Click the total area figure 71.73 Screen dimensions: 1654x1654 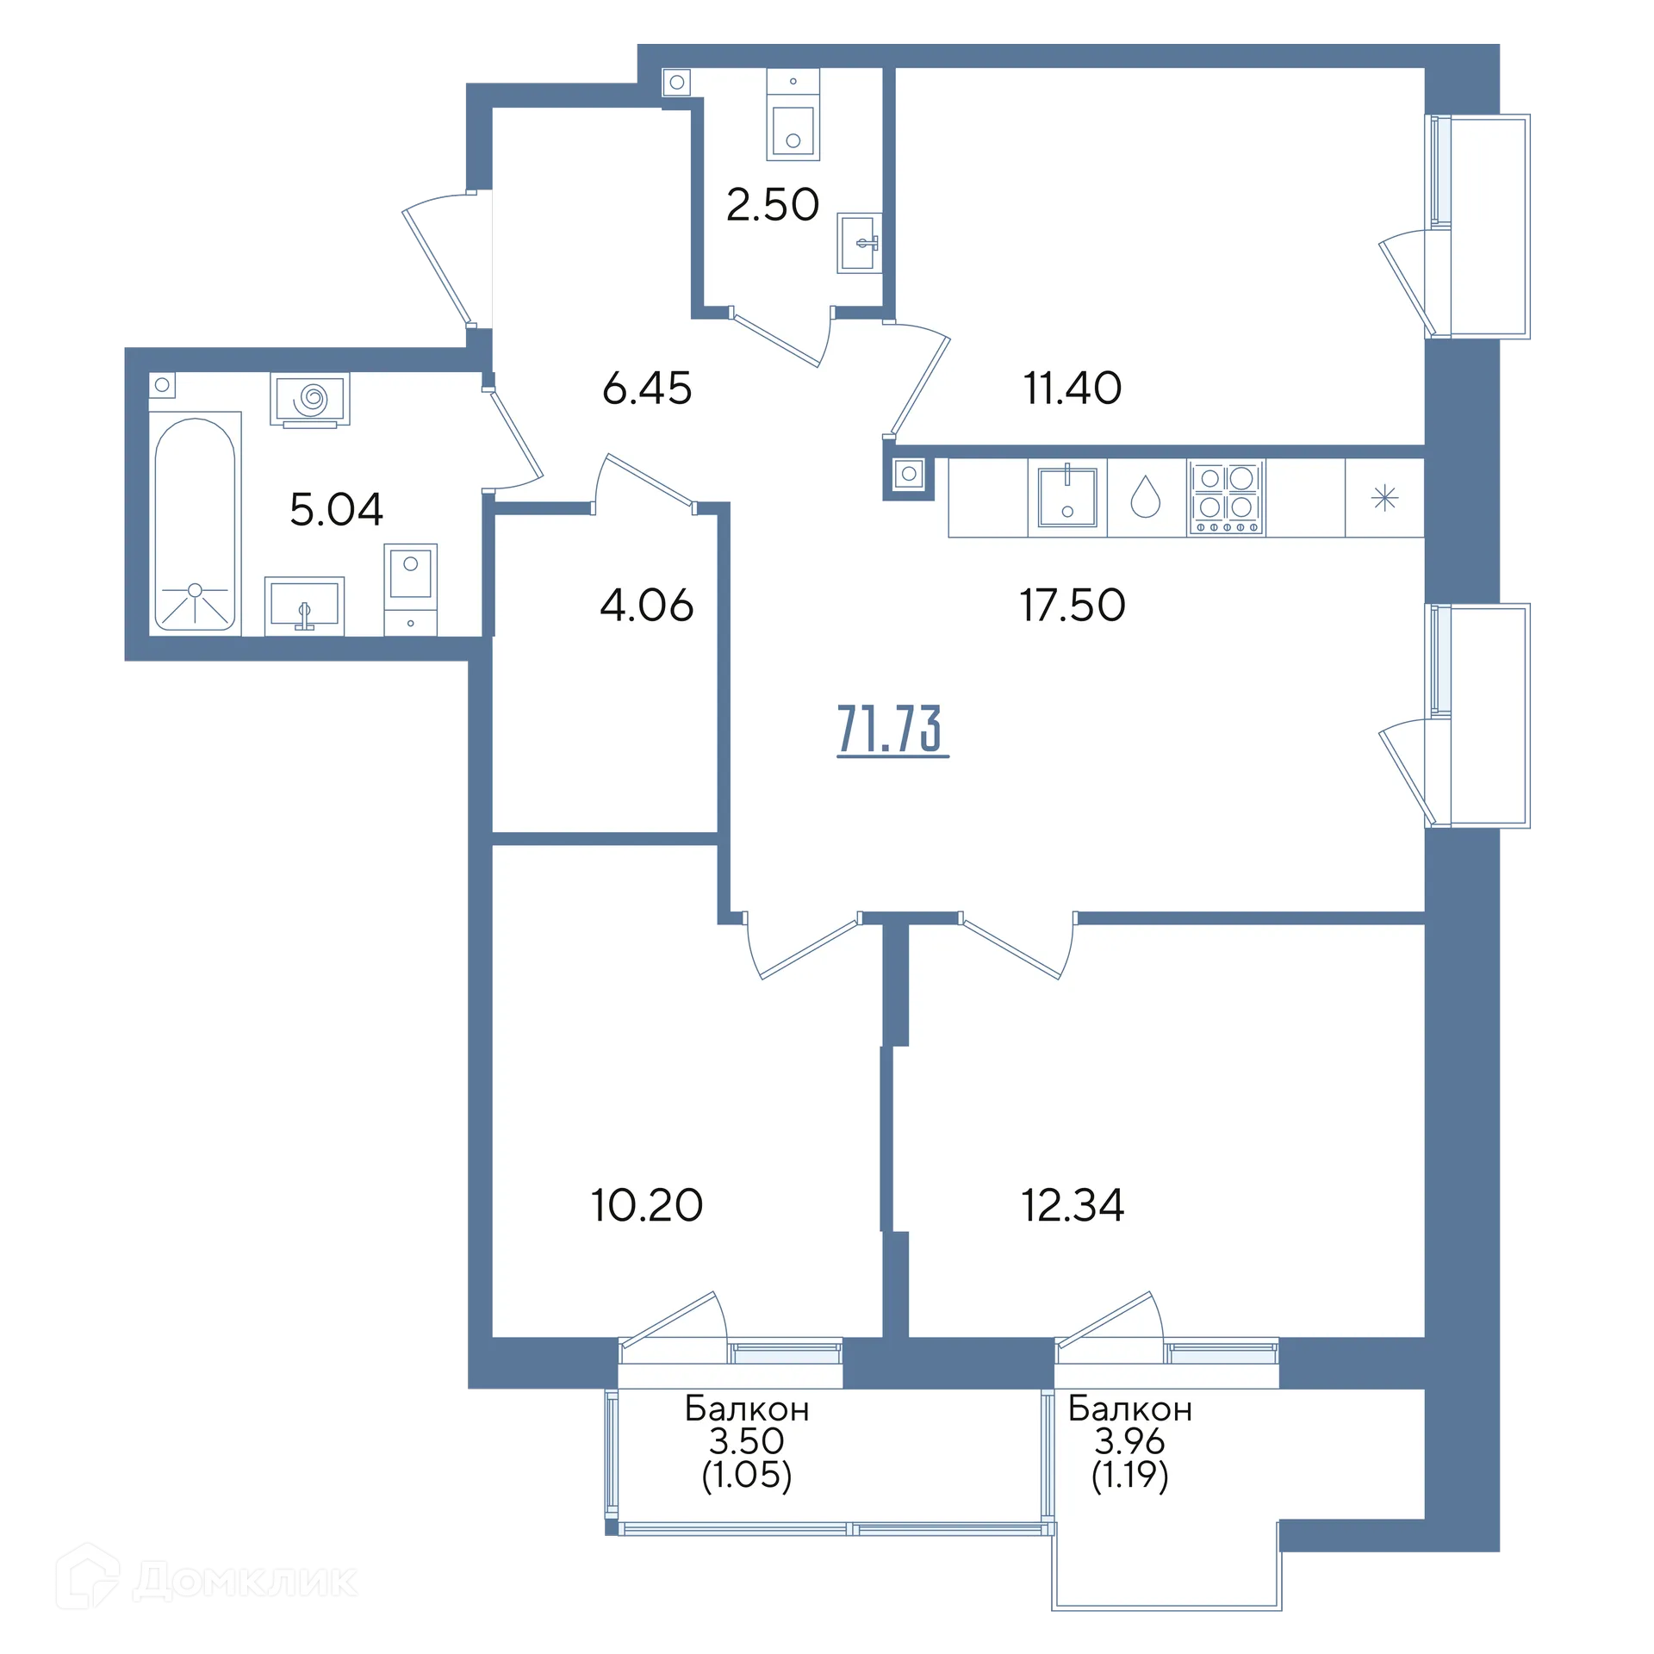tap(892, 730)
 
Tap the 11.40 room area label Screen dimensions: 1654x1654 tap(1073, 388)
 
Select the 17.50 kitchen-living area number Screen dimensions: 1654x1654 tap(1073, 605)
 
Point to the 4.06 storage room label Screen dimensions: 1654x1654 tap(647, 605)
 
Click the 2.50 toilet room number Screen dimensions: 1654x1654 tap(773, 205)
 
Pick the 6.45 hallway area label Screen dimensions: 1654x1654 tap(647, 388)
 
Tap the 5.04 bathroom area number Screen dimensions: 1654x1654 tap(337, 509)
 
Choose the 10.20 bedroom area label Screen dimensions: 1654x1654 tap(647, 1205)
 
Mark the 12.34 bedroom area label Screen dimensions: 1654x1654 tap(1073, 1205)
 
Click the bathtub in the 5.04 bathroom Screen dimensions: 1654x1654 tap(195, 524)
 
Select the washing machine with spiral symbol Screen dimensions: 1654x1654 tap(310, 400)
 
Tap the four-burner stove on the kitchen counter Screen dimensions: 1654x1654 tap(1226, 498)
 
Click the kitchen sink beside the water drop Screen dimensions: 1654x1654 tap(1067, 498)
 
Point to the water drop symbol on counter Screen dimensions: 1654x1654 tap(1145, 497)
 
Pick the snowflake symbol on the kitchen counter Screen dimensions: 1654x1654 tap(1384, 498)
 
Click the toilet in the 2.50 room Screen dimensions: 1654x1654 tap(793, 115)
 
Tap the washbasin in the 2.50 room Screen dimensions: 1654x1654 tap(860, 243)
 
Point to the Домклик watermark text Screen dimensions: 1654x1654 tap(245, 1582)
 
